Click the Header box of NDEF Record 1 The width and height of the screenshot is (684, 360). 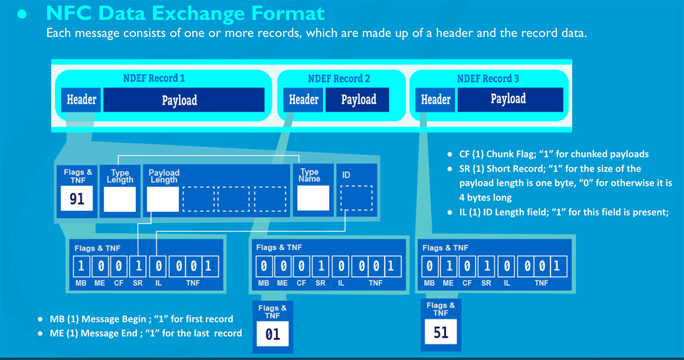pyautogui.click(x=81, y=100)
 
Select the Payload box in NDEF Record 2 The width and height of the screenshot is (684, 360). pyautogui.click(x=357, y=100)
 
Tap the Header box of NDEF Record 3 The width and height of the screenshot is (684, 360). pyautogui.click(x=435, y=100)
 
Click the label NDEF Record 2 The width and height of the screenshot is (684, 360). pyautogui.click(x=339, y=79)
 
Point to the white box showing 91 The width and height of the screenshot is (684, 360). pyautogui.click(x=77, y=198)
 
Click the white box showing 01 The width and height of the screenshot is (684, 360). pyautogui.click(x=273, y=334)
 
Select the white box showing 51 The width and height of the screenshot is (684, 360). pyautogui.click(x=440, y=332)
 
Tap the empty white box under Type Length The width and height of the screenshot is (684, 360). pyautogui.click(x=120, y=199)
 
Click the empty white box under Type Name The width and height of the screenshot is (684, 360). pyautogui.click(x=313, y=198)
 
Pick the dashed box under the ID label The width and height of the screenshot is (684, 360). pyautogui.click(x=356, y=198)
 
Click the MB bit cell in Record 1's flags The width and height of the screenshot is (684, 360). pyautogui.click(x=81, y=266)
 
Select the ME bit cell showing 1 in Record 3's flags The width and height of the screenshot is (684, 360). pyautogui.click(x=449, y=266)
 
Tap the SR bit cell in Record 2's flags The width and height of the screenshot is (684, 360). pyautogui.click(x=320, y=266)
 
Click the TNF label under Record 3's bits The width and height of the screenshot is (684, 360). pyautogui.click(x=541, y=283)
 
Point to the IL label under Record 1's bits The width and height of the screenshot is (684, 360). pyautogui.click(x=158, y=283)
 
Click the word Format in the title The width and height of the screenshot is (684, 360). pyautogui.click(x=288, y=14)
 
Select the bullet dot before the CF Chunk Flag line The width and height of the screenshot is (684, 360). pyautogui.click(x=449, y=154)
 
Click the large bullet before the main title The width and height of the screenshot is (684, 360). pyautogui.click(x=22, y=14)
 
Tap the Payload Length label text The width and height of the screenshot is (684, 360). pyautogui.click(x=164, y=176)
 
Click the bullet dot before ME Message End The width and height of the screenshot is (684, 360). pyautogui.click(x=40, y=334)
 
